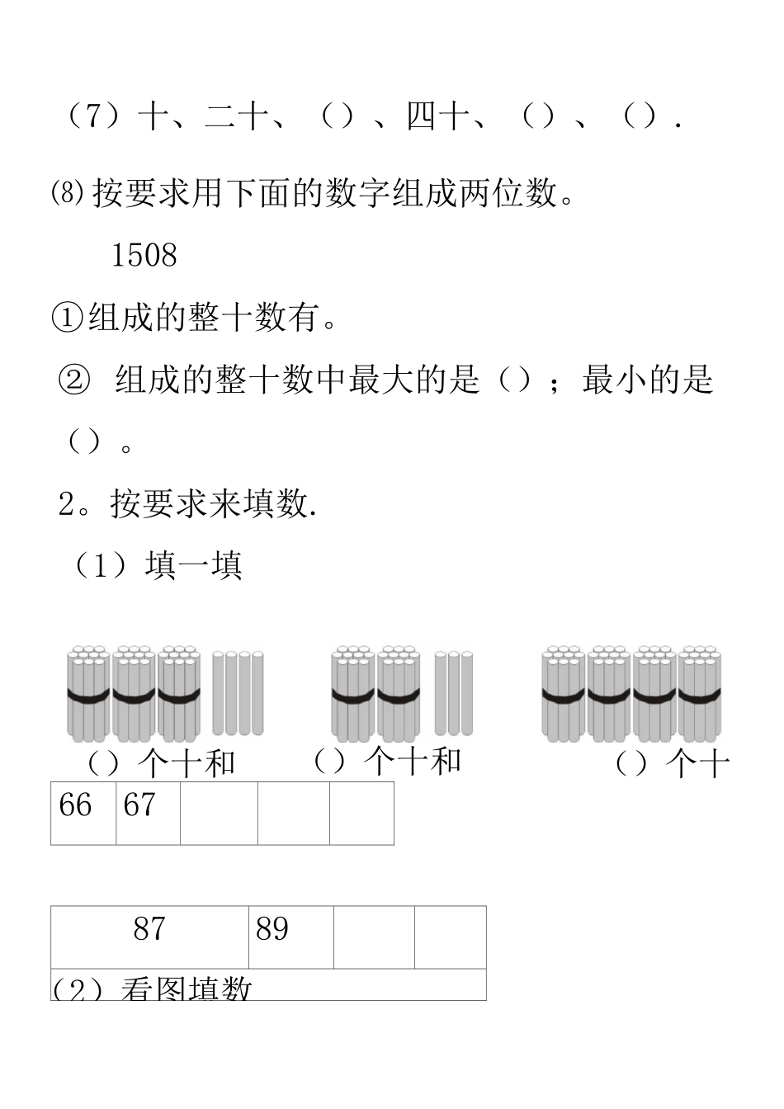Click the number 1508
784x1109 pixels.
144,256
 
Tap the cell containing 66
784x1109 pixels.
83,813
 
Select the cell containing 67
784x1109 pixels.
148,813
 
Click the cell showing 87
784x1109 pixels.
149,937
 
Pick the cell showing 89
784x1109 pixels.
290,937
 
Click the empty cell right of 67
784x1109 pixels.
219,813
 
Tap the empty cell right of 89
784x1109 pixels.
374,937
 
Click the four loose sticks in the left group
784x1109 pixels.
238,693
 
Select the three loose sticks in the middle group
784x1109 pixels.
454,693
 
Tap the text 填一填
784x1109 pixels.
193,567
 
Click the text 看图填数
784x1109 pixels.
186,989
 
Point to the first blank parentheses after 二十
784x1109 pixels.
338,116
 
